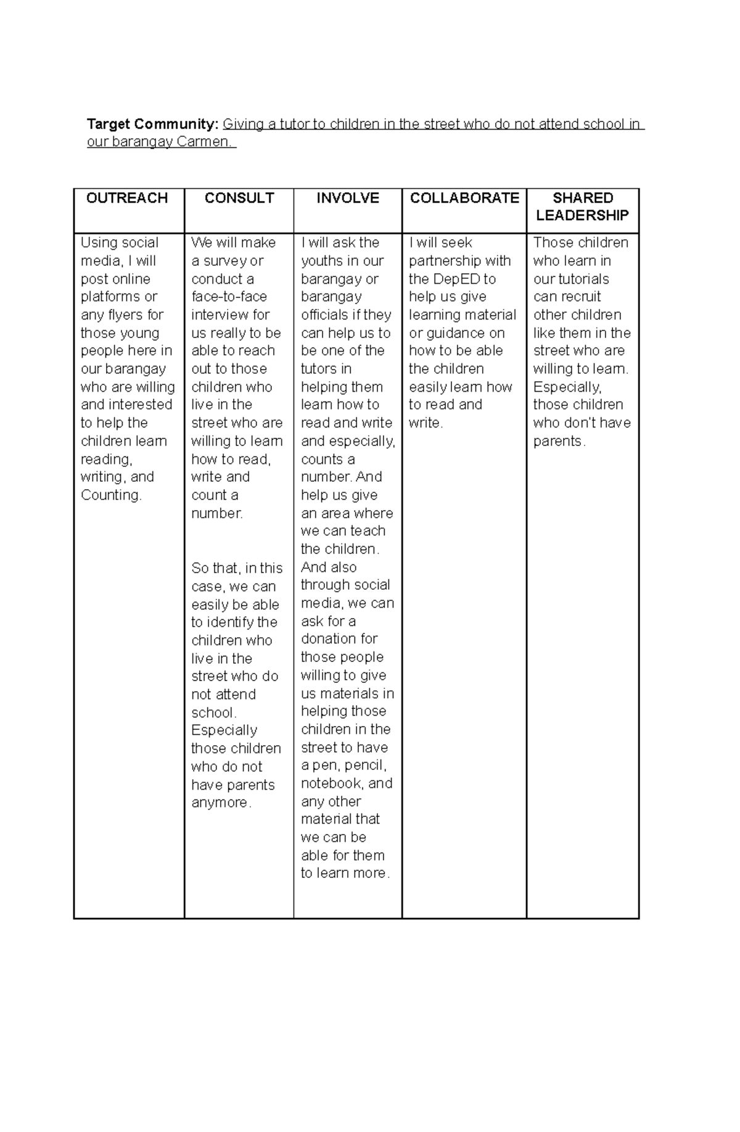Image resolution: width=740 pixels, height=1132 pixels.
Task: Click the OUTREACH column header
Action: pos(127,198)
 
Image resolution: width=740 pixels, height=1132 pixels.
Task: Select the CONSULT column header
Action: pos(239,198)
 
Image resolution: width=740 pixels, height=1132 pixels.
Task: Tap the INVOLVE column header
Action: pos(348,198)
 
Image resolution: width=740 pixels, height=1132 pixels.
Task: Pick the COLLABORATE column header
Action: pos(464,198)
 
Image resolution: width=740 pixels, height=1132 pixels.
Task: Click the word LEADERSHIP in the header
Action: pos(582,215)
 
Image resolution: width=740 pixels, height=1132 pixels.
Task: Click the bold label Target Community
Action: pos(152,124)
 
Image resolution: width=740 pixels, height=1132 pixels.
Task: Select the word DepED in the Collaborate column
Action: pos(455,279)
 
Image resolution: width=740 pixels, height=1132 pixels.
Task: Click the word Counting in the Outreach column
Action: pos(110,495)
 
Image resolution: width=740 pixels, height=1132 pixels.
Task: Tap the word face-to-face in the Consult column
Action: pos(229,297)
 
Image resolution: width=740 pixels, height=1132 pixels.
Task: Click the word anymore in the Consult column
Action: pos(220,803)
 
